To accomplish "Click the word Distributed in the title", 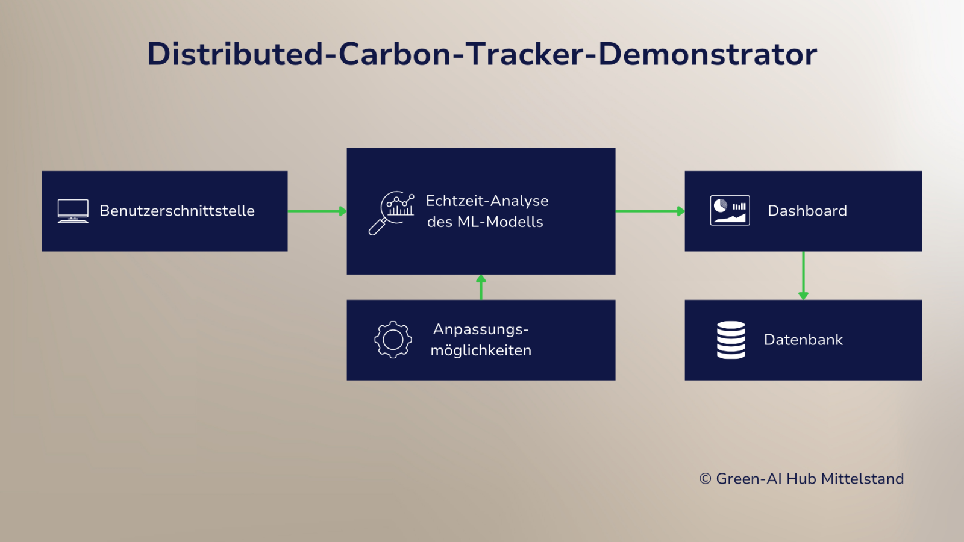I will tap(235, 54).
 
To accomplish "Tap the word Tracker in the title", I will tap(525, 54).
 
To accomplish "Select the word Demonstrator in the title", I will tap(707, 54).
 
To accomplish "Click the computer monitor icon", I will tap(73, 211).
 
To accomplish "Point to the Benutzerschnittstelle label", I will tap(177, 211).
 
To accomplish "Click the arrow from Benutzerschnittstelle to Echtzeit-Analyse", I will tap(317, 211).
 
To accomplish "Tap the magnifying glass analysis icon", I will tap(391, 212).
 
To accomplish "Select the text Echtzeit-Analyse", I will tap(487, 201).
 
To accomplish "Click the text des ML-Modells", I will tap(485, 222).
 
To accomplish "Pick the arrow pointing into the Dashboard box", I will tap(649, 211).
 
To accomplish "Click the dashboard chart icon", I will tap(730, 211).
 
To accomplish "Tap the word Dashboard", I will tap(807, 211).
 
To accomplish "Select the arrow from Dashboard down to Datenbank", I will tap(803, 275).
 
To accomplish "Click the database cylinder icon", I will tap(731, 340).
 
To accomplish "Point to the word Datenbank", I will tap(803, 340).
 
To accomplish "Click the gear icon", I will tap(393, 340).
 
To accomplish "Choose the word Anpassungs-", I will tap(481, 329).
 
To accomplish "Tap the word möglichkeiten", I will tap(481, 350).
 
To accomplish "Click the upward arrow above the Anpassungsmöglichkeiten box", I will tap(481, 287).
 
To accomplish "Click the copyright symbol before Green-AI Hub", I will tap(705, 479).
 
